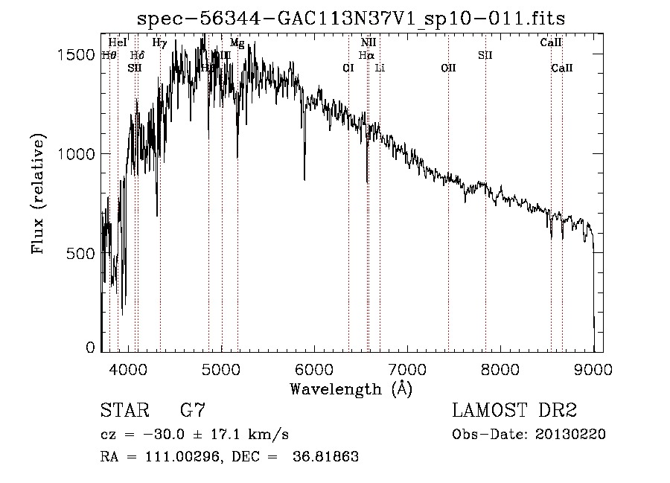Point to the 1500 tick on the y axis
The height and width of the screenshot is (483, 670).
pyautogui.click(x=77, y=55)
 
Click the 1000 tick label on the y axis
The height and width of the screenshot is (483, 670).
pyautogui.click(x=77, y=154)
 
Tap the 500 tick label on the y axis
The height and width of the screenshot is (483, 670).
pyautogui.click(x=83, y=253)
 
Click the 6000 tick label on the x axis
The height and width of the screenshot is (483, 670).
pyautogui.click(x=313, y=367)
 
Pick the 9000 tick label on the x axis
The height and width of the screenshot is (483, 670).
pyautogui.click(x=593, y=367)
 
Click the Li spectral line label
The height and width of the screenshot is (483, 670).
pyautogui.click(x=380, y=68)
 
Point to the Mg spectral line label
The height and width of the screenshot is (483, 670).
pyautogui.click(x=237, y=43)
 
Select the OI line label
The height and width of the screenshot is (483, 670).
pyautogui.click(x=348, y=68)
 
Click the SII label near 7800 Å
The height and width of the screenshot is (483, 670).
pyautogui.click(x=485, y=55)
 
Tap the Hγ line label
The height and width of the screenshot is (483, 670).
pyautogui.click(x=159, y=43)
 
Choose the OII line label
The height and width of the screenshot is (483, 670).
pyautogui.click(x=448, y=68)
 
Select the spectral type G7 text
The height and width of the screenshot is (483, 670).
pyautogui.click(x=193, y=411)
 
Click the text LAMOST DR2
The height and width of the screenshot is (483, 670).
pyautogui.click(x=514, y=411)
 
